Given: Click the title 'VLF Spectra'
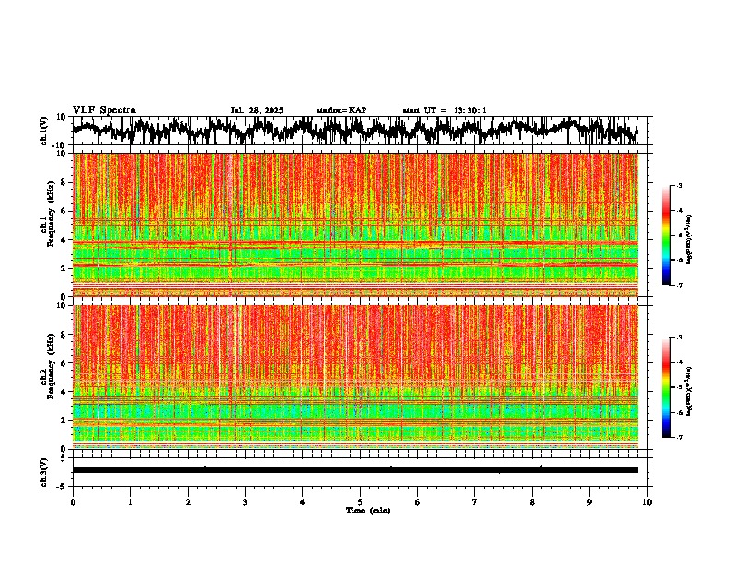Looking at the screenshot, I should [104, 110].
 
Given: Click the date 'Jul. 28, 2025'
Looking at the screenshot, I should [257, 110].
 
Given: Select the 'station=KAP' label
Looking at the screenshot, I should [341, 110].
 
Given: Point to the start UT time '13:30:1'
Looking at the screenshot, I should [470, 110].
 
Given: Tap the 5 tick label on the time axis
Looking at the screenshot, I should [360, 502].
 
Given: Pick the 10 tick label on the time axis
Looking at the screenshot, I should [647, 502].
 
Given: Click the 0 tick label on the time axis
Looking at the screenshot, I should [73, 502].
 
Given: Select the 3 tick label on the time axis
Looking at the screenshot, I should [245, 502].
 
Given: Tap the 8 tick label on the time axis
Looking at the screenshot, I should [532, 502].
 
